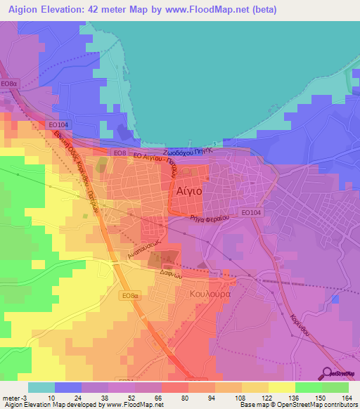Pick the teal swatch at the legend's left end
[41, 387]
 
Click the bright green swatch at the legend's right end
[335, 387]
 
